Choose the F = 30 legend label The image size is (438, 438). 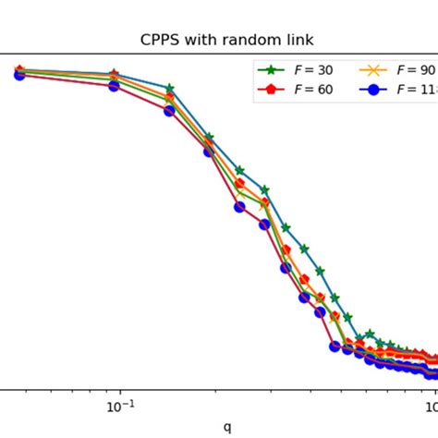314,69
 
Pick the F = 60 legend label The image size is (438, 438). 314,90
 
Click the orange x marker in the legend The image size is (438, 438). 374,69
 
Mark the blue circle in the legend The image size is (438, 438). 374,90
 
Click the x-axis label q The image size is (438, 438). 227,426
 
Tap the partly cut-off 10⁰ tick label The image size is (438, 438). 432,408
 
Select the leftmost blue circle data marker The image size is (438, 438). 18,75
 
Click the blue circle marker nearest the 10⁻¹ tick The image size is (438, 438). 114,86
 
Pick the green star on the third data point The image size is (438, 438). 170,89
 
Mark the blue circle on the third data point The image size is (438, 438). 170,111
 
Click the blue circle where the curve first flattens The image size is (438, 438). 336,347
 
